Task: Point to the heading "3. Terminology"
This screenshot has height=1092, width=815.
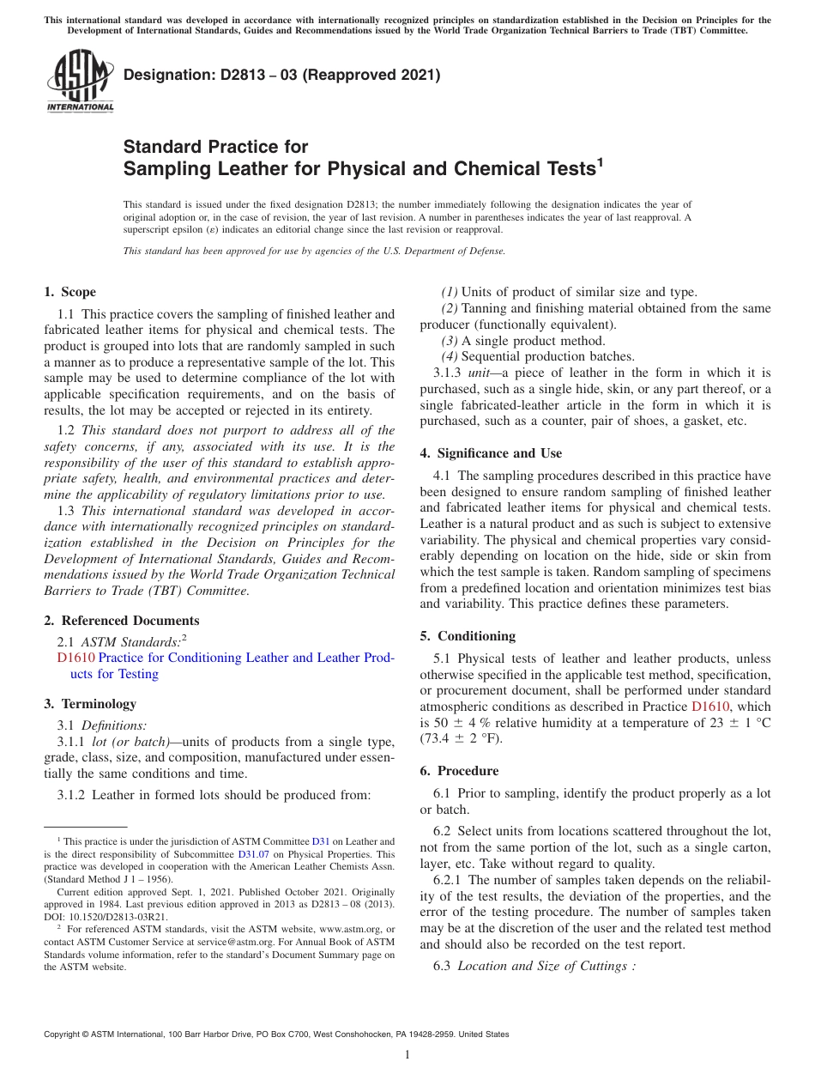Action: pyautogui.click(x=90, y=704)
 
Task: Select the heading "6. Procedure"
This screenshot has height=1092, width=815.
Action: pyautogui.click(x=459, y=771)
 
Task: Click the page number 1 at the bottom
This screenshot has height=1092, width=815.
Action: pyautogui.click(x=407, y=1054)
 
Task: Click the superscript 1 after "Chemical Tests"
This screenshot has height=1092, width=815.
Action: pyautogui.click(x=601, y=161)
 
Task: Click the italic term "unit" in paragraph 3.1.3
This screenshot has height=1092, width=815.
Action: pyautogui.click(x=479, y=373)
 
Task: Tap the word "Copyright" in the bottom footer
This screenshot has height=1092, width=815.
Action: pyautogui.click(x=63, y=1034)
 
